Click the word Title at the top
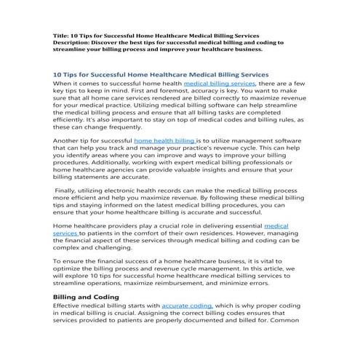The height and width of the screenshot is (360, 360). [x=62, y=35]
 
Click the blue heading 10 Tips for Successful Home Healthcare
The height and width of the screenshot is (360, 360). [x=161, y=74]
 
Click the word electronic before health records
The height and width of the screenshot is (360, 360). [x=126, y=188]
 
